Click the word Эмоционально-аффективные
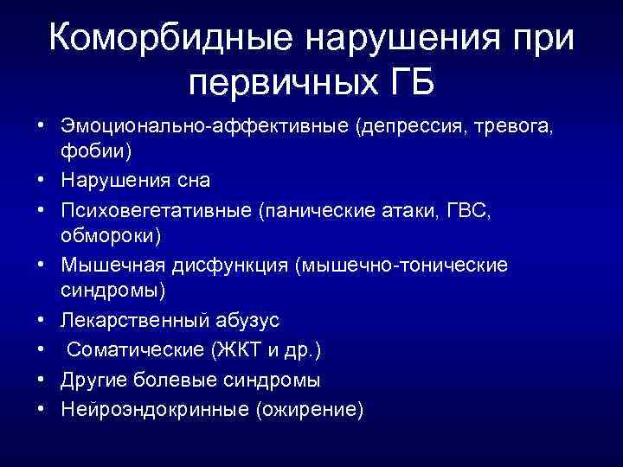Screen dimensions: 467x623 click(204, 127)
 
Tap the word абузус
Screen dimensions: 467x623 click(249, 321)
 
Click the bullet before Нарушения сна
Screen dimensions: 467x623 click(41, 181)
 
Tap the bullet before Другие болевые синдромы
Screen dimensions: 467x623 click(41, 380)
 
